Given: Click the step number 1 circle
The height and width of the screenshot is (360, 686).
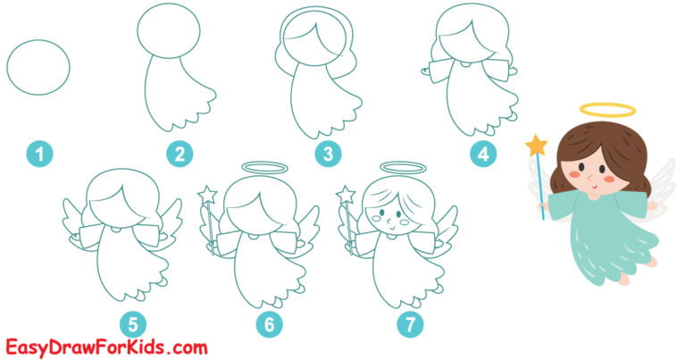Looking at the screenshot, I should (x=38, y=155).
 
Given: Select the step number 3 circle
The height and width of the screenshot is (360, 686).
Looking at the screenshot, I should (x=329, y=155).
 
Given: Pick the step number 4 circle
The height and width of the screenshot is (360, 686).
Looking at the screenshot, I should (x=483, y=155).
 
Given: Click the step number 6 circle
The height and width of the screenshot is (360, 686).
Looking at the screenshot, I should (x=268, y=324).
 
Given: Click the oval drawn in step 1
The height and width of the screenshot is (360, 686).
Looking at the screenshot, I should (x=38, y=66).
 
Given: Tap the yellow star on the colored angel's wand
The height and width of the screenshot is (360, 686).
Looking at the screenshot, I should (x=536, y=145).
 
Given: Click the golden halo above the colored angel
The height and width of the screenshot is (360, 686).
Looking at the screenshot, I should (x=607, y=111).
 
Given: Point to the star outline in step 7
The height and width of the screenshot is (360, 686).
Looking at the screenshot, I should (x=347, y=194).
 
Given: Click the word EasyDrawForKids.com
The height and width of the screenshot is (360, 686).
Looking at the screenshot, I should (x=106, y=346).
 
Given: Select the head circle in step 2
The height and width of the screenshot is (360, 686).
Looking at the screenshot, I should (x=168, y=31).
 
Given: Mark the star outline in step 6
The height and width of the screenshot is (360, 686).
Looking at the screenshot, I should (x=208, y=193).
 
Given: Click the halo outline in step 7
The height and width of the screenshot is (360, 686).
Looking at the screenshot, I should (x=401, y=167).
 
